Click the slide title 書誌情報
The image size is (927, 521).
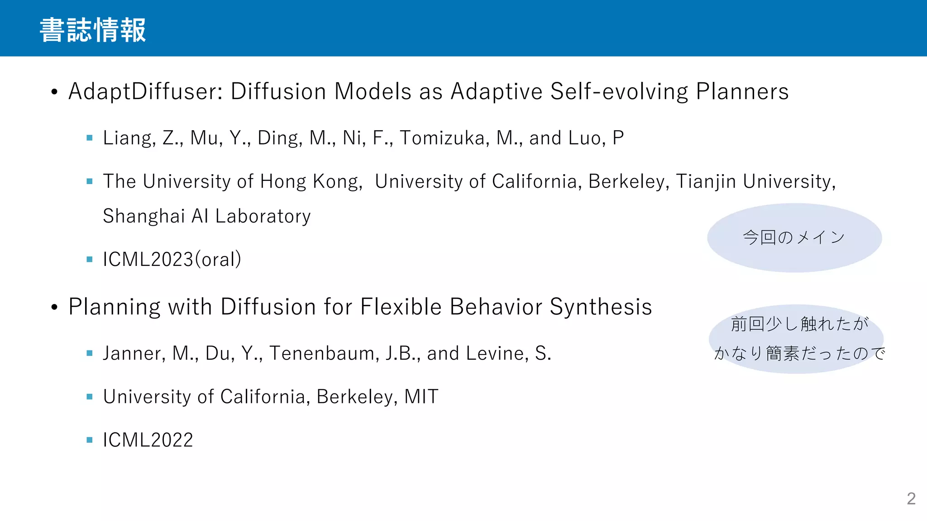(93, 30)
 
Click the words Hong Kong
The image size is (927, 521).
(311, 181)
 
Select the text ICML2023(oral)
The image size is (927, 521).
(172, 260)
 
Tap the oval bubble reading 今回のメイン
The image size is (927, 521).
(794, 237)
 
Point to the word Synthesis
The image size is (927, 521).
(601, 307)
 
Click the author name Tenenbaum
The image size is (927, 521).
(324, 354)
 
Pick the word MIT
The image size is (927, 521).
(421, 397)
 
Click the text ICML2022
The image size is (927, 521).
(148, 440)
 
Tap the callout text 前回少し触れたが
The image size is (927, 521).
(799, 324)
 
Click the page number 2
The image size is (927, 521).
(911, 498)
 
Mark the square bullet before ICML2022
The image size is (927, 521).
(90, 440)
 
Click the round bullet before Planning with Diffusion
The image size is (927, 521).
(55, 308)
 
